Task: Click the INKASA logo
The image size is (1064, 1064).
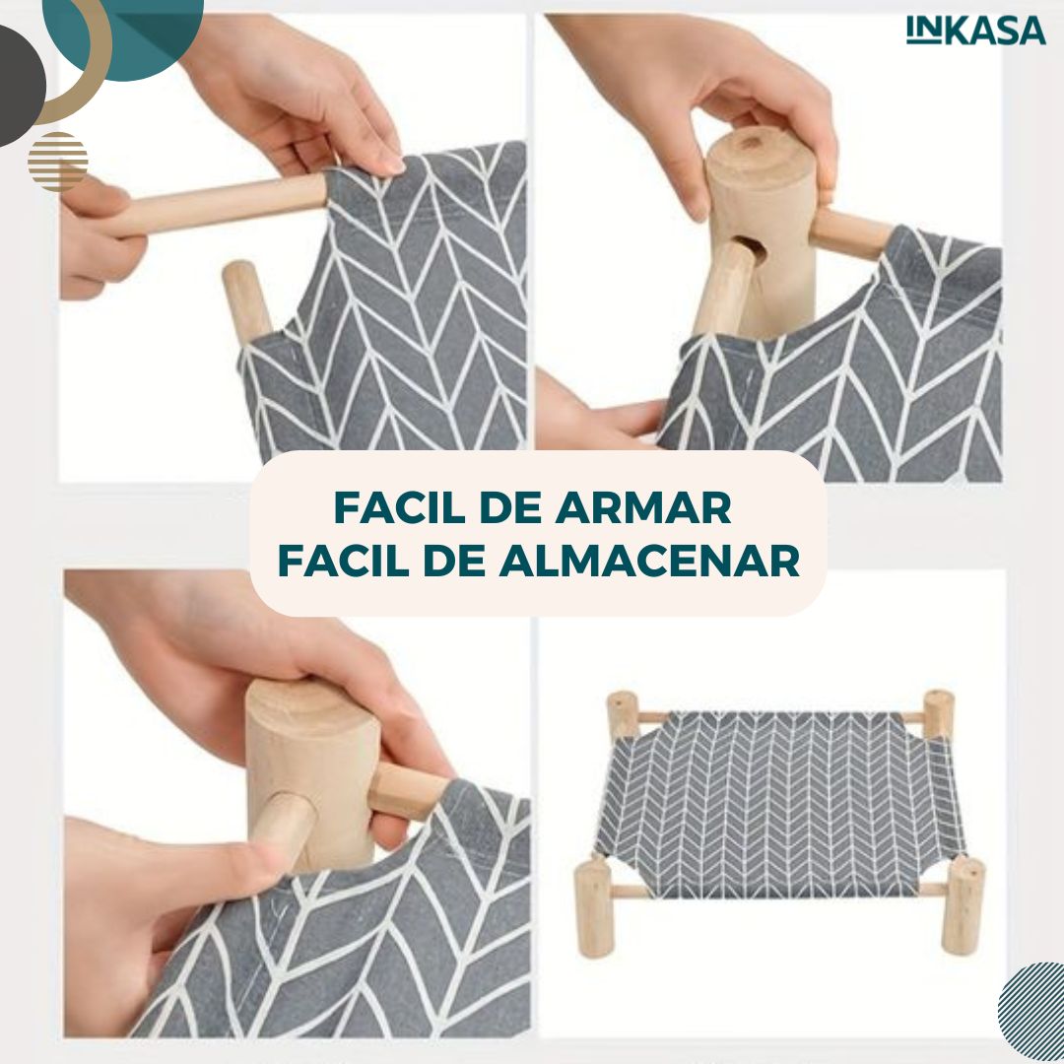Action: tap(975, 31)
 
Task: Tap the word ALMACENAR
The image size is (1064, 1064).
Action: tap(649, 561)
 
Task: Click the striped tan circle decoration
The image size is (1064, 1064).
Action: tap(58, 162)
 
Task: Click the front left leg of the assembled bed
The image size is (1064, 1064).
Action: tap(594, 908)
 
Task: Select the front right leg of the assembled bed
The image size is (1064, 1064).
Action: tap(963, 906)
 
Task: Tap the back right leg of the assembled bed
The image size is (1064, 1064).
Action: tap(939, 714)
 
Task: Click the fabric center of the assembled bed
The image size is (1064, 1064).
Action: tap(779, 804)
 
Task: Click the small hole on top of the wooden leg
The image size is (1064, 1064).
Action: tap(750, 143)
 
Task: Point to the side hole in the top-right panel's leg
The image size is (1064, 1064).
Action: tap(754, 248)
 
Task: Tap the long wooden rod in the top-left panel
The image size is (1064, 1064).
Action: tap(216, 204)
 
